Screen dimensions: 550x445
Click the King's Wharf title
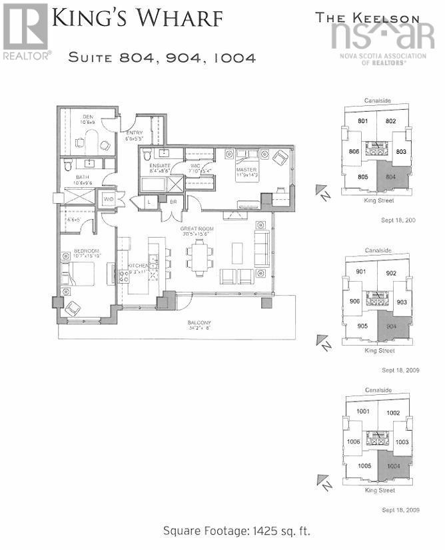pyautogui.click(x=137, y=19)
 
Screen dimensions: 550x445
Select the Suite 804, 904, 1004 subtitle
pyautogui.click(x=162, y=57)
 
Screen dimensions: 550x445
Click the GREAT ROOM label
pyautogui.click(x=195, y=231)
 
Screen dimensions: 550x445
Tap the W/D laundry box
pyautogui.click(x=107, y=198)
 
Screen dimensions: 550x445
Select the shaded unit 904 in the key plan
pyautogui.click(x=391, y=327)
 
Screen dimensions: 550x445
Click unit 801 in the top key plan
pyautogui.click(x=363, y=121)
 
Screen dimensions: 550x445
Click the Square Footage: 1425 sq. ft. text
pyautogui.click(x=236, y=531)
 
